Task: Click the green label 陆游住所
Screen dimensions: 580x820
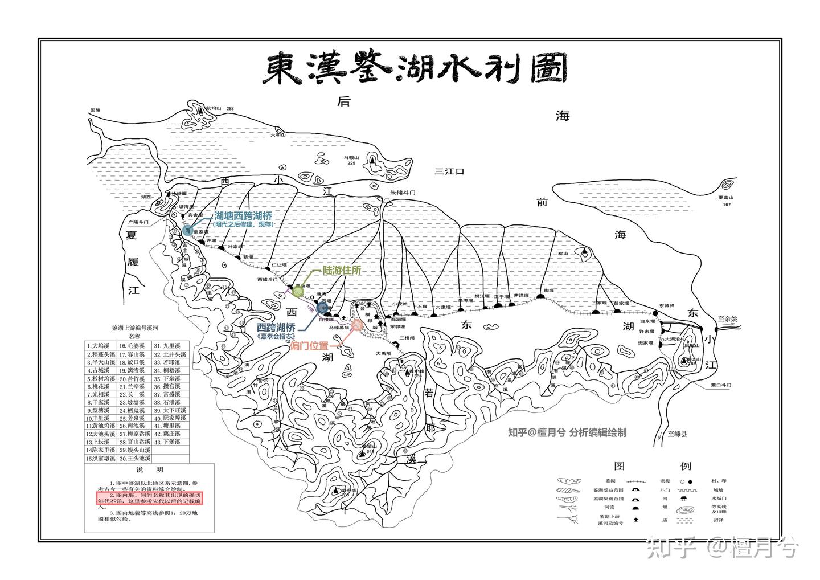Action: point(342,271)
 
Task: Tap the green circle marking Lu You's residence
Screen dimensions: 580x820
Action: point(298,292)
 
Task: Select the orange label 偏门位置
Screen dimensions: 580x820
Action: point(309,346)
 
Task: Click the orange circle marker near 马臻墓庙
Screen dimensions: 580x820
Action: point(357,325)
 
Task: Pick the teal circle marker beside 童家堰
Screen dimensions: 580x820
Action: point(187,230)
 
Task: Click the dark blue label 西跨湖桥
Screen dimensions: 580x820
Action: point(276,328)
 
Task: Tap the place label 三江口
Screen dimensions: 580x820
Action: point(450,171)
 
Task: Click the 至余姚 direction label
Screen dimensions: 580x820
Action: point(727,319)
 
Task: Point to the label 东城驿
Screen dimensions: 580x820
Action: point(666,306)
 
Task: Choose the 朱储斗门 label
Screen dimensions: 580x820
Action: point(403,193)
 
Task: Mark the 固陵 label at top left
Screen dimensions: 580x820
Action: point(95,110)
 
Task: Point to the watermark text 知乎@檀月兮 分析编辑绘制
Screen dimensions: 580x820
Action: point(567,432)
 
